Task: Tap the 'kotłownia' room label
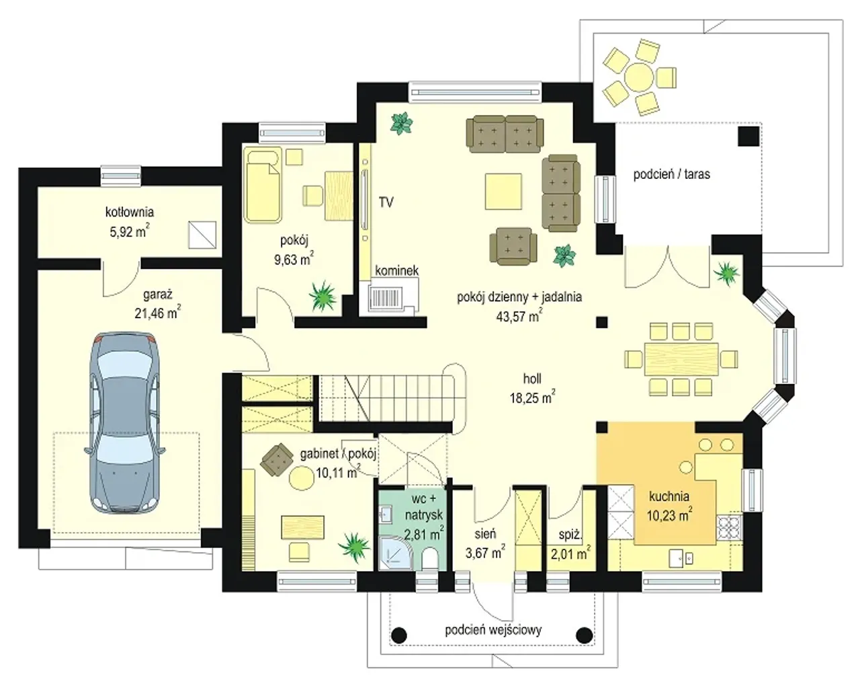click(130, 212)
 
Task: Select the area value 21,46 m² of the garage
click(157, 313)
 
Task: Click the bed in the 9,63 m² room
click(263, 185)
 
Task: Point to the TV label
click(386, 202)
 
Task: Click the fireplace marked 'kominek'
click(389, 297)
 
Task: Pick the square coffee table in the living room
click(503, 191)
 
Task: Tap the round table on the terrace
click(639, 77)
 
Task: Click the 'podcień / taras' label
click(671, 174)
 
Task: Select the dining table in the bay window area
click(681, 358)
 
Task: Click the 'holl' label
click(532, 379)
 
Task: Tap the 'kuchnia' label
click(669, 496)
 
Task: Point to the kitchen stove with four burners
click(730, 528)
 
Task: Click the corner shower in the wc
click(394, 554)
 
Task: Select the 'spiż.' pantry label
click(570, 535)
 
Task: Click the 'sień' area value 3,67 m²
click(485, 553)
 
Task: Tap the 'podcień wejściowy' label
click(493, 630)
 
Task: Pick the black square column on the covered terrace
click(748, 136)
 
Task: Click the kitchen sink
click(681, 558)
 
